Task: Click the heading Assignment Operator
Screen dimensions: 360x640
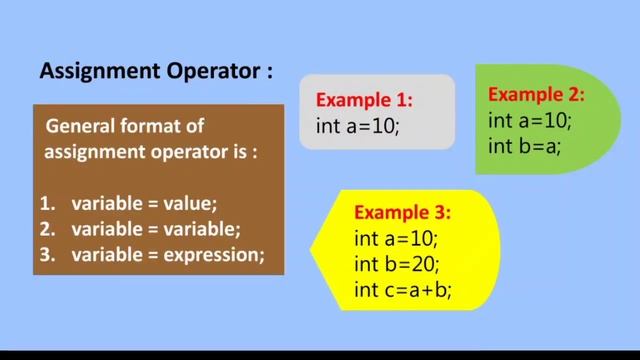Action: pyautogui.click(x=155, y=72)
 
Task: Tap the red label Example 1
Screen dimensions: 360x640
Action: pyautogui.click(x=364, y=101)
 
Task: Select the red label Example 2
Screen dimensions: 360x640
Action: pyautogui.click(x=535, y=96)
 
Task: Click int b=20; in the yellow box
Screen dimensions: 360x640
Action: pyautogui.click(x=396, y=265)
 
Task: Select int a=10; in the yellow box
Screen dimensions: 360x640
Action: pyautogui.click(x=396, y=240)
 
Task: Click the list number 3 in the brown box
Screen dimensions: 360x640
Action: pyautogui.click(x=46, y=255)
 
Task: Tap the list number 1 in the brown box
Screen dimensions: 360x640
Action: pyautogui.click(x=46, y=204)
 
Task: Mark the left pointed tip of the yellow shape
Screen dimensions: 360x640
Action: pyautogui.click(x=311, y=243)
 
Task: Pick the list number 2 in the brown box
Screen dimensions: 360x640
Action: pyautogui.click(x=46, y=229)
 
